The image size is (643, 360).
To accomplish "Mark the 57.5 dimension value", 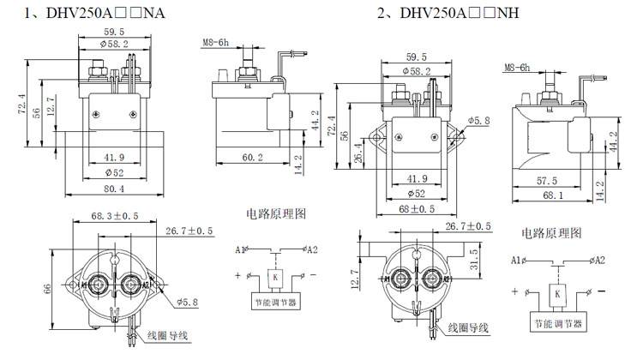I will tap(546, 182).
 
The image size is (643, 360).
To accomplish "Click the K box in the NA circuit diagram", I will tap(273, 277).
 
